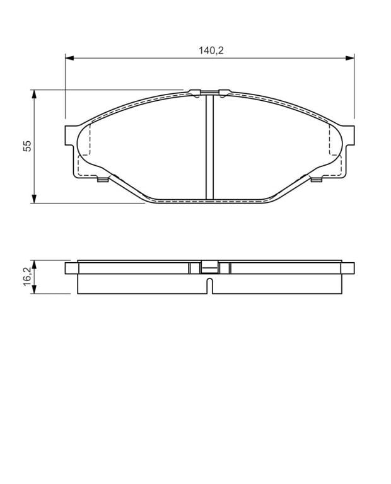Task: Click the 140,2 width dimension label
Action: [211, 50]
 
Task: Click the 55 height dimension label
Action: [28, 146]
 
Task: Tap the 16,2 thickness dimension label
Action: [28, 276]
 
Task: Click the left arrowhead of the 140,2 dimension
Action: [69, 58]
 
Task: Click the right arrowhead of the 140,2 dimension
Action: [349, 58]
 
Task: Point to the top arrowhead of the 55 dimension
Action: [34, 95]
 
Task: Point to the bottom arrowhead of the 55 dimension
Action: [34, 199]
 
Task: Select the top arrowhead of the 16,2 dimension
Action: [34, 265]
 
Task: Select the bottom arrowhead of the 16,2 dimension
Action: [34, 289]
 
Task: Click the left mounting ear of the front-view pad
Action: [71, 135]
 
